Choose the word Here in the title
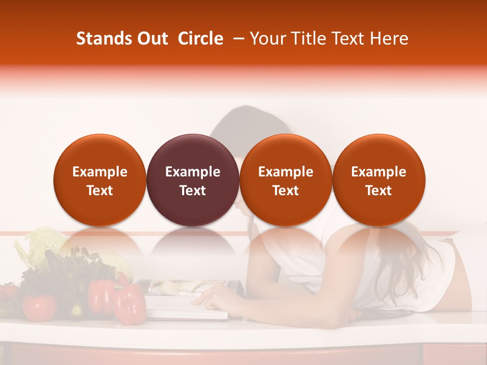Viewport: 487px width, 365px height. click(390, 39)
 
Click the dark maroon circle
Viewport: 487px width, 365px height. click(193, 180)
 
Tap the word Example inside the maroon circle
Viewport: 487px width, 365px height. click(193, 172)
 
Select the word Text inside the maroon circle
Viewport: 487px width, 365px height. click(193, 191)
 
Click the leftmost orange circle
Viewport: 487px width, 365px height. click(100, 180)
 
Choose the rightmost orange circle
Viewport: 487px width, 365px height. click(379, 180)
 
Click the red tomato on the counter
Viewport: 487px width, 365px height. click(39, 307)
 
